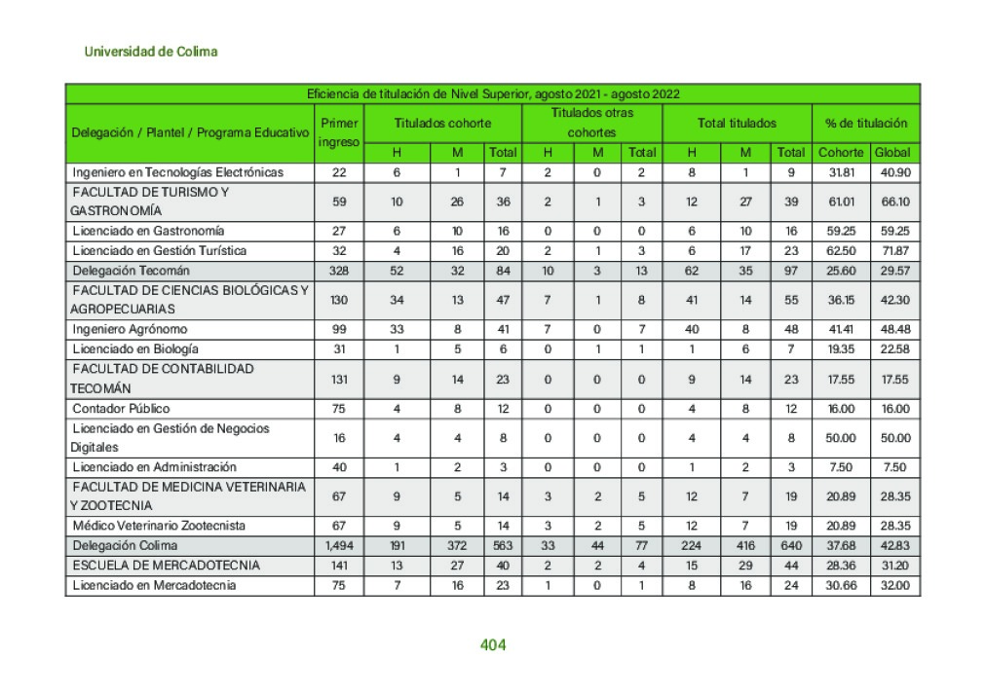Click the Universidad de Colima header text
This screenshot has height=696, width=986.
[x=150, y=52]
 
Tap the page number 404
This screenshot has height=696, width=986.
[x=493, y=644]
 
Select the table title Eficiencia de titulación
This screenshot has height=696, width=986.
[x=492, y=94]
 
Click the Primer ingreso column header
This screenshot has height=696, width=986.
[x=339, y=132]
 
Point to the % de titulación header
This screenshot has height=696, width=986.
[x=866, y=124]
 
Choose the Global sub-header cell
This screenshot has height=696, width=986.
[x=892, y=153]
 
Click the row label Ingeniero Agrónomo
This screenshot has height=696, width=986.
[x=130, y=330]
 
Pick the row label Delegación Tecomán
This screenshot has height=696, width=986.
[x=131, y=271]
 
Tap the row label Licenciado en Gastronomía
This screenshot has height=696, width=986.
[x=148, y=231]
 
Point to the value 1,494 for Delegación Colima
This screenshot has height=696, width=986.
[x=339, y=546]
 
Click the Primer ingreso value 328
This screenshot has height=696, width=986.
[x=339, y=271]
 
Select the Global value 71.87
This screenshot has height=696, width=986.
[x=894, y=251]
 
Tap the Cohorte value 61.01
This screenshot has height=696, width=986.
[x=840, y=201]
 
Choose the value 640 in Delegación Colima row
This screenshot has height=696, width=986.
[x=791, y=546]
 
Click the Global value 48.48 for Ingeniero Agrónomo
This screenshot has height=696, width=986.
[x=894, y=330]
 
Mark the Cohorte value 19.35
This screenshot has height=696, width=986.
[x=840, y=349]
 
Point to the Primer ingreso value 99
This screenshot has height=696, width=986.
[x=339, y=330]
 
